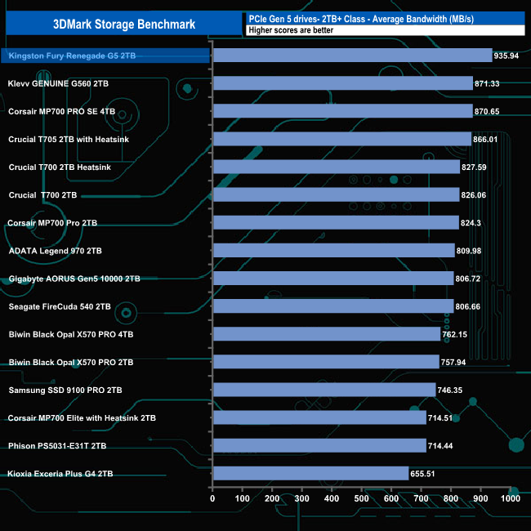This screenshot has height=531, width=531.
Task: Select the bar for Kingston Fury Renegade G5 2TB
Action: click(351, 56)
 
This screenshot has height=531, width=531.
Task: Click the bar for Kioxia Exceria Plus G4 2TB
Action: click(310, 473)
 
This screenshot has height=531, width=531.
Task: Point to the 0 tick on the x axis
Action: click(212, 498)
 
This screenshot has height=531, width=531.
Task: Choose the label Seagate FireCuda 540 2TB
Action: click(59, 306)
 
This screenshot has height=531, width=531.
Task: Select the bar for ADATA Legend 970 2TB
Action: click(333, 251)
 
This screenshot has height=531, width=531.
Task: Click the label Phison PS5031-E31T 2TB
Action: click(58, 445)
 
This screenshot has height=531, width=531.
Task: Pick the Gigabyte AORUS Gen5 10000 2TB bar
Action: click(332, 279)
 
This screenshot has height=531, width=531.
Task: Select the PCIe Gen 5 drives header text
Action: click(369, 18)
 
